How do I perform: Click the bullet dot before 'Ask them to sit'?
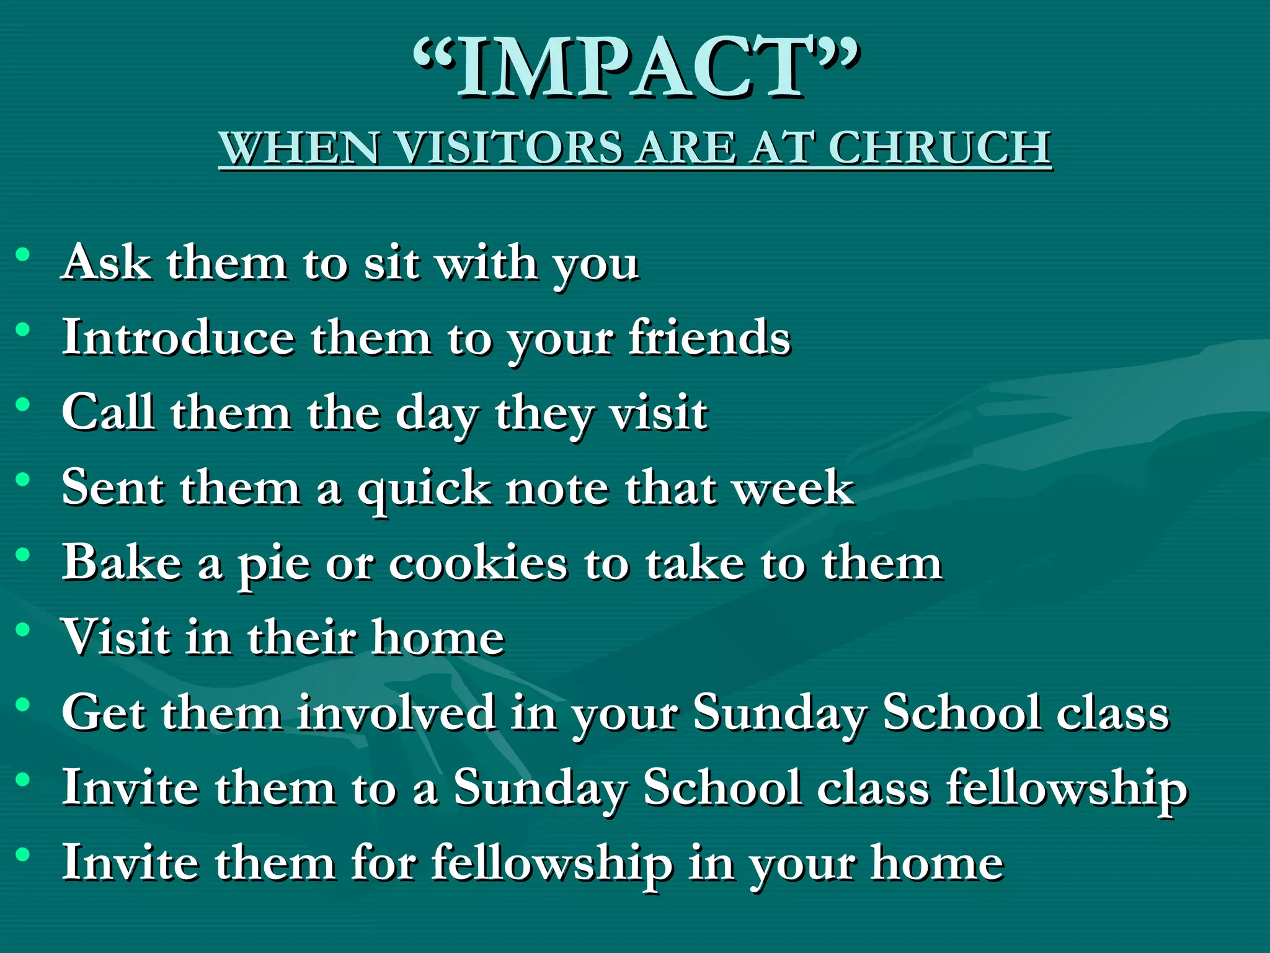(x=23, y=254)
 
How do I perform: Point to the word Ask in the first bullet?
(x=106, y=263)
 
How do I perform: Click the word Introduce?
(x=178, y=338)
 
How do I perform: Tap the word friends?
(x=709, y=338)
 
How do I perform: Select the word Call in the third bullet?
(x=108, y=413)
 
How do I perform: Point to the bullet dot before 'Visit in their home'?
(x=23, y=630)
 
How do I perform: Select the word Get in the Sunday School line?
(x=104, y=713)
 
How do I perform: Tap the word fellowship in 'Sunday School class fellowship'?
(x=1067, y=788)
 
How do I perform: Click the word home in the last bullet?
(x=937, y=863)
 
